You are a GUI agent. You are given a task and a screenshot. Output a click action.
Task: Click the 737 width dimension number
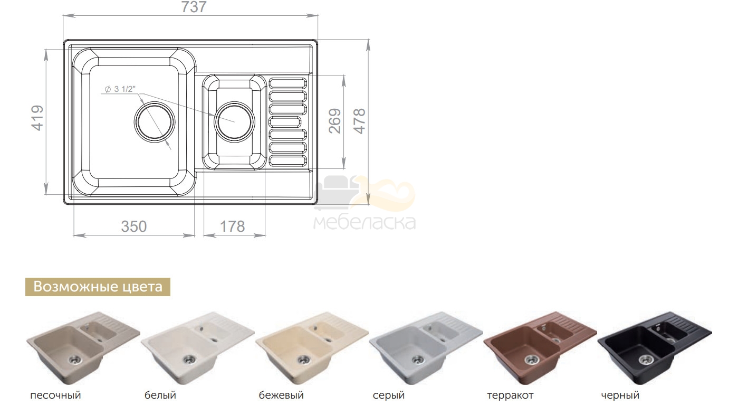pos(194,7)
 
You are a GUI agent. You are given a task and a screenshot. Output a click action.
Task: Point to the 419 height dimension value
pos(37,118)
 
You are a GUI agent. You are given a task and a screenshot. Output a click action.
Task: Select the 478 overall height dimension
pos(359,121)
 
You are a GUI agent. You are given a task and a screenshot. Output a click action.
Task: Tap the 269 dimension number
pos(334,121)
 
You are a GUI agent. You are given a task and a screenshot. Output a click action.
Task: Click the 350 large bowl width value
pos(134,226)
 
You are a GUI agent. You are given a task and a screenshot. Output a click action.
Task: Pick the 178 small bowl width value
pos(233,226)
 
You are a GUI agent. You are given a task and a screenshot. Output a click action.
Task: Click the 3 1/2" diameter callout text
pos(120,89)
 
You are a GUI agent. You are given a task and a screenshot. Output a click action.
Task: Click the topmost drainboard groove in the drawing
pos(288,83)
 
